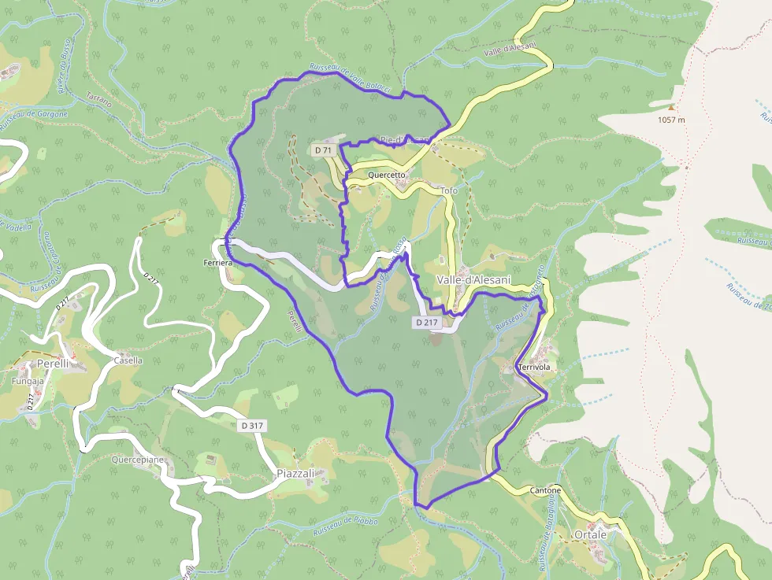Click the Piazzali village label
(x=295, y=474)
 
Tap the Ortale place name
(x=591, y=534)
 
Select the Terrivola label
(x=533, y=368)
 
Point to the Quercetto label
(x=386, y=175)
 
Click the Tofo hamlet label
(x=448, y=191)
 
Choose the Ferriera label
(x=217, y=262)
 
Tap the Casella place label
(x=128, y=360)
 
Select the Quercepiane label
(x=138, y=459)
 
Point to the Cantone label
(x=545, y=490)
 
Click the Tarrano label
(x=98, y=100)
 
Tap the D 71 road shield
(x=323, y=150)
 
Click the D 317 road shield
(x=252, y=426)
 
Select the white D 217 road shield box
(x=425, y=323)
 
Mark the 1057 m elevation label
(x=671, y=120)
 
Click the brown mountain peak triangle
(x=671, y=107)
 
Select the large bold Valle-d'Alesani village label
(x=473, y=280)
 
